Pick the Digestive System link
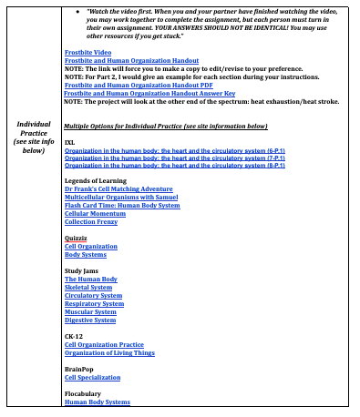pos(90,320)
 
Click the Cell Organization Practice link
pos(104,345)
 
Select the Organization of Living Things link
pos(109,352)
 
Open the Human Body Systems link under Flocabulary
pos(97,402)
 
